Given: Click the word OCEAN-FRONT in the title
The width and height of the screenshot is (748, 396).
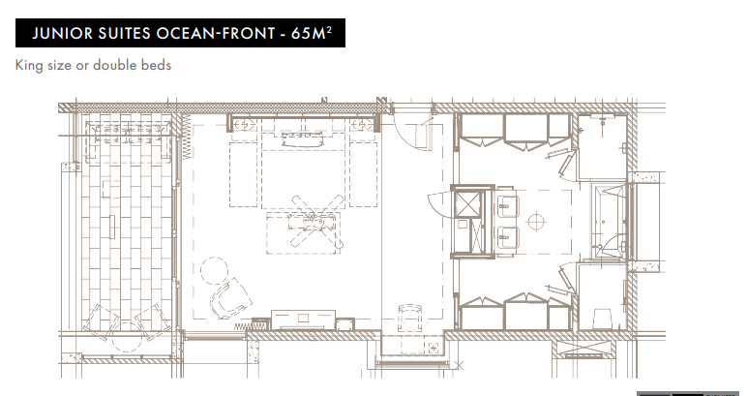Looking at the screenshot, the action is coord(216,33).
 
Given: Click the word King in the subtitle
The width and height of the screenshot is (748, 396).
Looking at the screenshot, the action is coord(29,66).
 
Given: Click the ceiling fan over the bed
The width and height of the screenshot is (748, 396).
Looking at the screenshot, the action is coord(315,221).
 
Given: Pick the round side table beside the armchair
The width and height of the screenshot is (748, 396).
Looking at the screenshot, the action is coord(214,270).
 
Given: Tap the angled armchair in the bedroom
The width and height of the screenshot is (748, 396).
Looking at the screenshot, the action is coord(231,298).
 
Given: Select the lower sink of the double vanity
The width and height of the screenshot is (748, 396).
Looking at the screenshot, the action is coord(507,237).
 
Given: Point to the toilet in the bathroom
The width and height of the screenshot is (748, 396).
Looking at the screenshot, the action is coord(601,319).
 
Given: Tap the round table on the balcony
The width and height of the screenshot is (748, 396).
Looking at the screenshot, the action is coord(127,337).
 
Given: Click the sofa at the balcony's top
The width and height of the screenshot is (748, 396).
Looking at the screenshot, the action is coord(128,136).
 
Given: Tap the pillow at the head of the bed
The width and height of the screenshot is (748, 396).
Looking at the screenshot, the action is coord(303,138).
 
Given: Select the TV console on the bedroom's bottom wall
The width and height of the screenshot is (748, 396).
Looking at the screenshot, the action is coord(304,320).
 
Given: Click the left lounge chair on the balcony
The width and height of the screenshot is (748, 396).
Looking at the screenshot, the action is coord(101,321).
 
